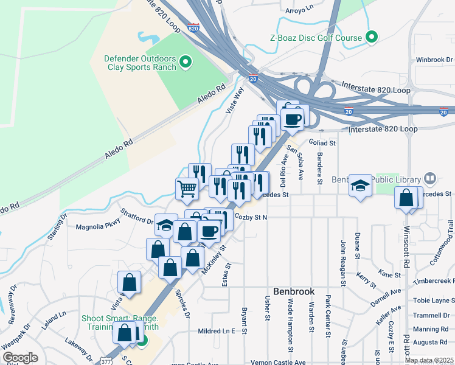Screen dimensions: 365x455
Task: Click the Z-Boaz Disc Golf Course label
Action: coord(316,38)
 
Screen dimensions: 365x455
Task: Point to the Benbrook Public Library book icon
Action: coord(430,179)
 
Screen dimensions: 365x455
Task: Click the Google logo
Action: coord(20,358)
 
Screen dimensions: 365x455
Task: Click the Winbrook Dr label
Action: coord(435,60)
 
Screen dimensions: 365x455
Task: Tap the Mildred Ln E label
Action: coord(217,332)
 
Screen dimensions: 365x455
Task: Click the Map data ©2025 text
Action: coord(428,360)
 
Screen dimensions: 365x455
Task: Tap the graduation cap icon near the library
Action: coord(361,186)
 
